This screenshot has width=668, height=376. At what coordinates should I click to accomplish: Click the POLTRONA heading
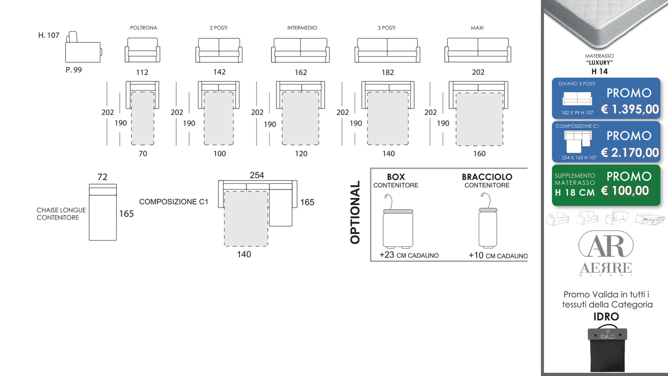click(144, 28)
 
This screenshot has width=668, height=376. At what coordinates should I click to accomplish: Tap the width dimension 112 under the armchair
click(142, 72)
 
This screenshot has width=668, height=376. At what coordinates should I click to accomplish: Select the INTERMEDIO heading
click(302, 28)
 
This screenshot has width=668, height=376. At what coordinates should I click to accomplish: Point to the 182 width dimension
click(388, 72)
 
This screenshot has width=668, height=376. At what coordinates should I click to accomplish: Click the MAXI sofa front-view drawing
click(478, 50)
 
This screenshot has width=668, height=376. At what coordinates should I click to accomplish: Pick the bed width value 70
click(143, 153)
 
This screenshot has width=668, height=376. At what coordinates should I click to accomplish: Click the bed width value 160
click(480, 153)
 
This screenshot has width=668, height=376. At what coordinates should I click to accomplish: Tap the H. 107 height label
click(49, 35)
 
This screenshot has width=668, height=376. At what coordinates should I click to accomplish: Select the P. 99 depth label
click(74, 70)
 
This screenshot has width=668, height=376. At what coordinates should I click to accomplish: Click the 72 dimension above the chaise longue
click(102, 177)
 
